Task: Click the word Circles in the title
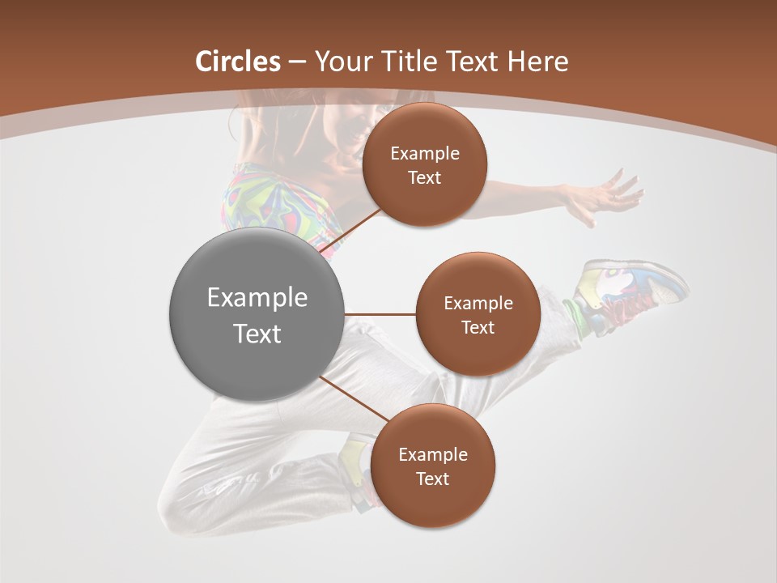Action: pyautogui.click(x=237, y=62)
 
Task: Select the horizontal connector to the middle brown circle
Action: pyautogui.click(x=380, y=313)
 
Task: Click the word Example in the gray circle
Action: pyautogui.click(x=257, y=298)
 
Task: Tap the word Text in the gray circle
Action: pyautogui.click(x=257, y=334)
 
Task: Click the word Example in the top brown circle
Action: pyautogui.click(x=424, y=154)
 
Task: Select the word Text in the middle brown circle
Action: pyautogui.click(x=478, y=328)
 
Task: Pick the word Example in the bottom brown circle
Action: pyautogui.click(x=432, y=455)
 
